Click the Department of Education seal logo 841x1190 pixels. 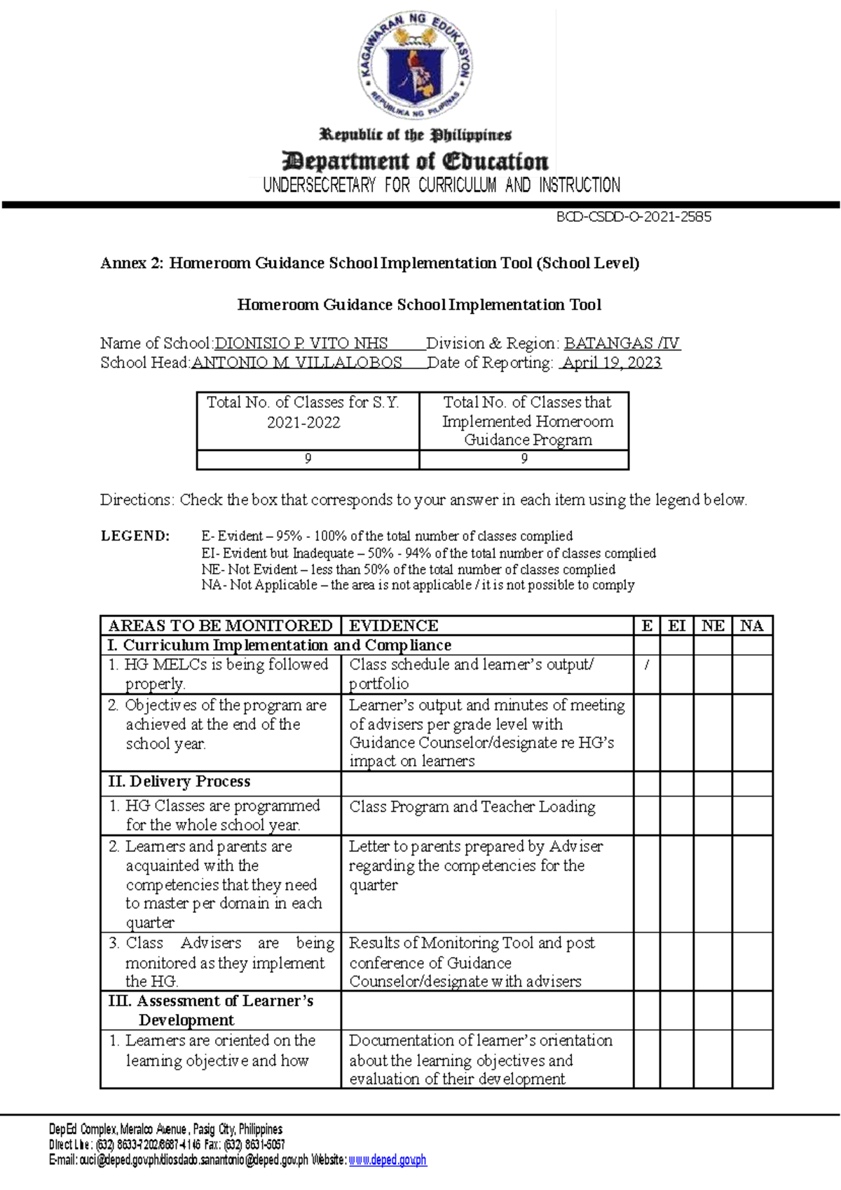[x=415, y=67]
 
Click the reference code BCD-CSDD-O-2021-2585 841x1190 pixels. [x=634, y=217]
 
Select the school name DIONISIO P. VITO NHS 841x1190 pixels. [x=301, y=344]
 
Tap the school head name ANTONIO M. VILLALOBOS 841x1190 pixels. [x=296, y=363]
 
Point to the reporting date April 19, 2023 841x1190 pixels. [x=611, y=363]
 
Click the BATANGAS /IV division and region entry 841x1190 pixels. [x=622, y=344]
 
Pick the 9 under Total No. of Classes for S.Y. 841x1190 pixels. [x=308, y=459]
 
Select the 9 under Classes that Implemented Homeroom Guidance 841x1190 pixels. [x=524, y=459]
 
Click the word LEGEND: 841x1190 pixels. [x=135, y=536]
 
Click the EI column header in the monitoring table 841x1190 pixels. [x=676, y=626]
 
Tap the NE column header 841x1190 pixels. [x=713, y=626]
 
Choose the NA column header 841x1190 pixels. [x=751, y=626]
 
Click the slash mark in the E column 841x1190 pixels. [x=646, y=665]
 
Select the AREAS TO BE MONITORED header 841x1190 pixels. [x=220, y=626]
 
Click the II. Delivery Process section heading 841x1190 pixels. [x=179, y=781]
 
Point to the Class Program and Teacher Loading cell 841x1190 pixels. [x=472, y=807]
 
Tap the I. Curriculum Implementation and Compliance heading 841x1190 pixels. [x=279, y=645]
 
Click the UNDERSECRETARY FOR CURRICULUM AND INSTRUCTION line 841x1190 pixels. [x=441, y=185]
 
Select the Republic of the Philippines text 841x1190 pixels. [x=415, y=135]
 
